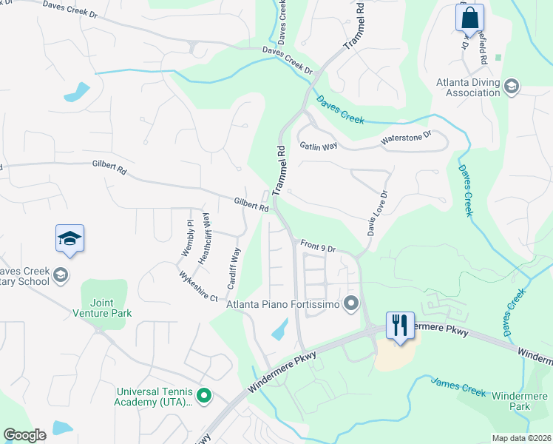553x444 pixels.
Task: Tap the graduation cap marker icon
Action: tap(69, 238)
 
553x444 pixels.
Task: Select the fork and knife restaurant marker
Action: tap(400, 325)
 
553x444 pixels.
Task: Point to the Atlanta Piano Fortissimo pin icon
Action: tap(351, 303)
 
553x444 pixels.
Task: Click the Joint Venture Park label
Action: tap(111, 308)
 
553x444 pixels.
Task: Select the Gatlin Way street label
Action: tap(318, 146)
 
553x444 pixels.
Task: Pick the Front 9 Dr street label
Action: tap(319, 246)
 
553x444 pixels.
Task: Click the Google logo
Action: tap(24, 435)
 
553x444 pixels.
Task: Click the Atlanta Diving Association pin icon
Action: tap(511, 87)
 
